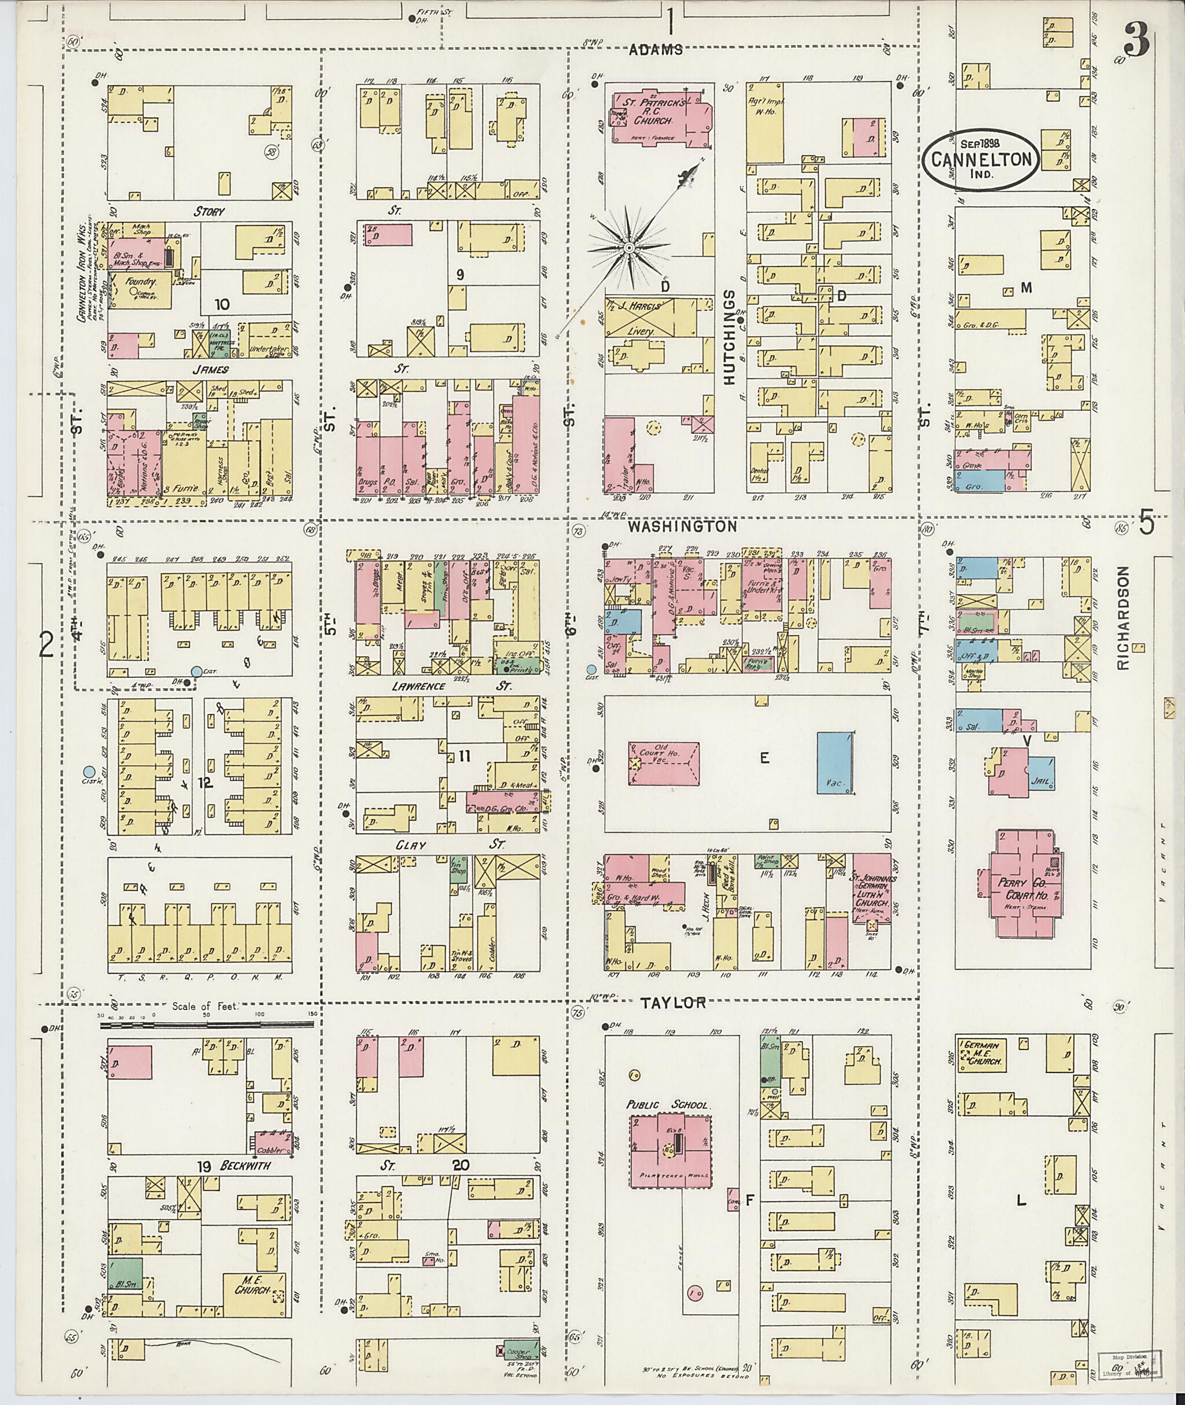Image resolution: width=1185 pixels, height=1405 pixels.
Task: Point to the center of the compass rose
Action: (630, 249)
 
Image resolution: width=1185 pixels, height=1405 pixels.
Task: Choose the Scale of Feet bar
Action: (207, 1026)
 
